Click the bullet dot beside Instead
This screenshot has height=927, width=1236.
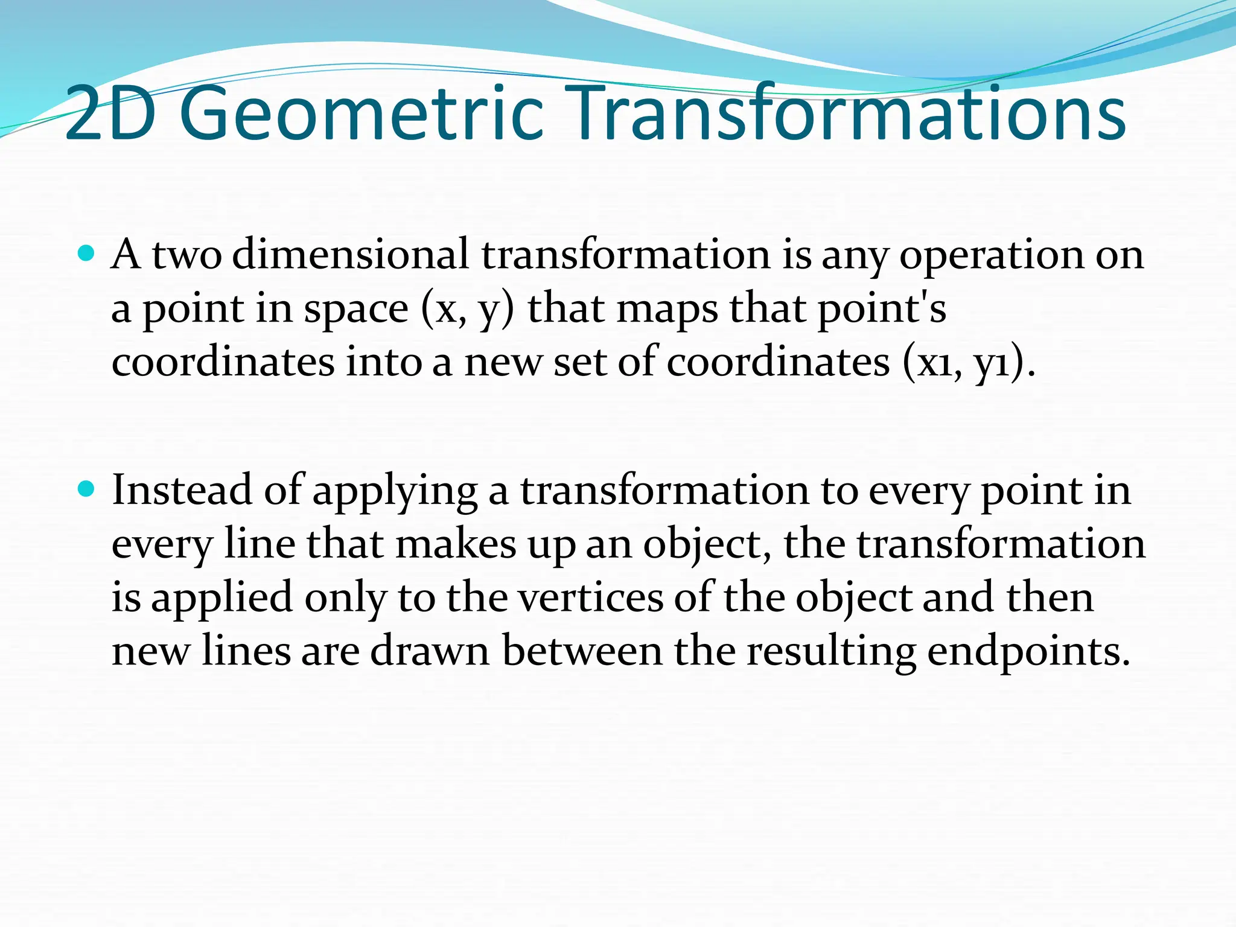click(x=87, y=489)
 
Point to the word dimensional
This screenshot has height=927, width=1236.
click(x=350, y=255)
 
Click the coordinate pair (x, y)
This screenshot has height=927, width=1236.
click(x=467, y=309)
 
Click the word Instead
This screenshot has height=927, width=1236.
click(x=182, y=490)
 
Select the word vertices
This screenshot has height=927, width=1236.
click(x=591, y=597)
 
